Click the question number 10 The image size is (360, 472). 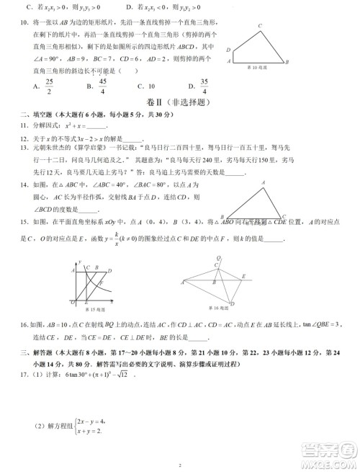tap(17, 23)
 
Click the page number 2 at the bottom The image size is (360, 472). tap(179, 466)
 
